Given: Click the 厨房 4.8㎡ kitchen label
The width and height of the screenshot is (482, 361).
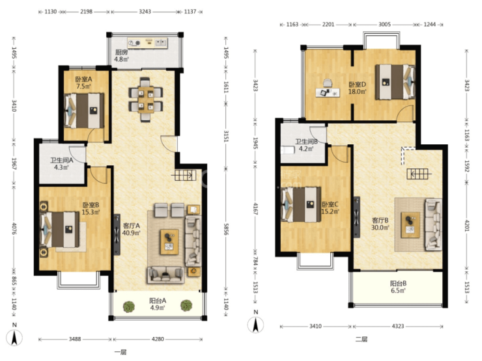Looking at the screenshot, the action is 121,55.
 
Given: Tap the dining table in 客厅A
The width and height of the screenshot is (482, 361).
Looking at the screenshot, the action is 146,100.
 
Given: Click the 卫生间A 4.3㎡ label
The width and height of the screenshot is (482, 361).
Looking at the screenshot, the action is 61,164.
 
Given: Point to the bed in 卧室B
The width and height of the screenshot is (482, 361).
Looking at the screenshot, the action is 60,230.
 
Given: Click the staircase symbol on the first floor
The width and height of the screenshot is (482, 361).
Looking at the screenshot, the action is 184,175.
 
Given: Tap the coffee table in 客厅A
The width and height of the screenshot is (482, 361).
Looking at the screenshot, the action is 169,242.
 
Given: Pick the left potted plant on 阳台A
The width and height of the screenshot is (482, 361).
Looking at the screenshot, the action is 129,306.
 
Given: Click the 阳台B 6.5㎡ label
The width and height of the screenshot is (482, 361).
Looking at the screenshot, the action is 399,287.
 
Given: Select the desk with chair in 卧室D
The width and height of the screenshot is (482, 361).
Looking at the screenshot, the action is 328,88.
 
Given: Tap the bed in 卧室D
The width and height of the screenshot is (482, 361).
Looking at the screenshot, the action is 395,82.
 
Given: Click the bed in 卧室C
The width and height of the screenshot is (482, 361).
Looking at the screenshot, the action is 301,204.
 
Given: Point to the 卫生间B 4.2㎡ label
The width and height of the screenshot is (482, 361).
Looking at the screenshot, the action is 307,145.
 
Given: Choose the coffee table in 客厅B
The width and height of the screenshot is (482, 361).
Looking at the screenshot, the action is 410,224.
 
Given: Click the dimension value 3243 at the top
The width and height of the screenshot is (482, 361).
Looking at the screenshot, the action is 145,12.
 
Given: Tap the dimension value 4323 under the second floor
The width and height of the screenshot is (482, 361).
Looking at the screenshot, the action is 398,326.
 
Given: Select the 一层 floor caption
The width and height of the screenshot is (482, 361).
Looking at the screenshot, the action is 120,352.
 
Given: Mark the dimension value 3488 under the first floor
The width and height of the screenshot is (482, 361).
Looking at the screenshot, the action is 75,339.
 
